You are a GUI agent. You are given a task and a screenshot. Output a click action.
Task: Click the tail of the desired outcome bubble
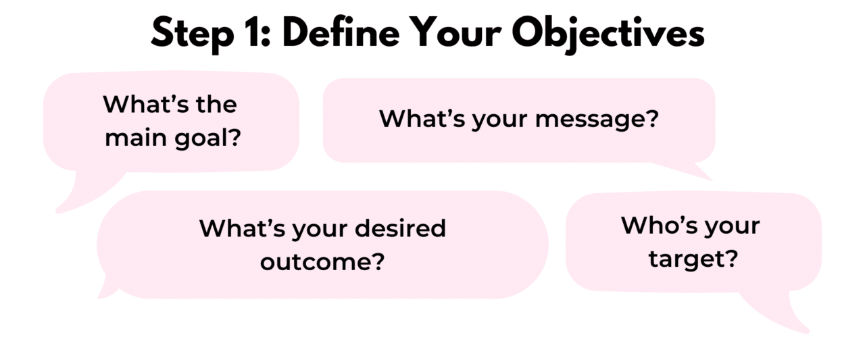107,290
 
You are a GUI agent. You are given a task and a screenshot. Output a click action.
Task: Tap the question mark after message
651,120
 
